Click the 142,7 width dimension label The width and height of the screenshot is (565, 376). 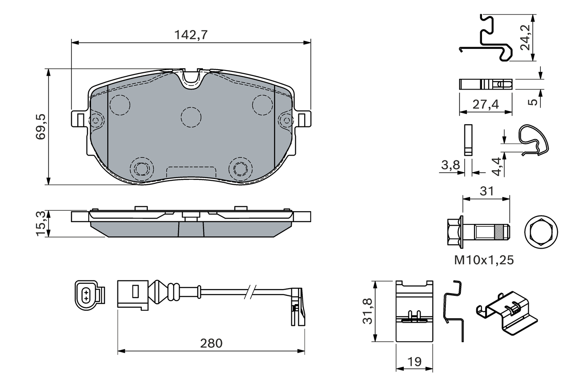coord(191,35)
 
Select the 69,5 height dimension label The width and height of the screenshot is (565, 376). coord(41,127)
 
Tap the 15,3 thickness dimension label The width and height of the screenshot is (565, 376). coord(41,224)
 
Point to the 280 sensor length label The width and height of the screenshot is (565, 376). coord(211,342)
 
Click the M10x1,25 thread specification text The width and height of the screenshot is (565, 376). coord(484,260)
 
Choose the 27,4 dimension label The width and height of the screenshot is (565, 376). coord(485,104)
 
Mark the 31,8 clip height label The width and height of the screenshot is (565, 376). coord(367,311)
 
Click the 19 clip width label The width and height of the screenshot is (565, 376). coord(414,361)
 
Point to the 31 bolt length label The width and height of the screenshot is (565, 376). coord(486,191)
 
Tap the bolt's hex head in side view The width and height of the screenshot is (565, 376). coord(454,231)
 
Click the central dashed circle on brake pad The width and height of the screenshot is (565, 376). coord(191,117)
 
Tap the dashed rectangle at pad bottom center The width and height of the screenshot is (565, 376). coord(191,172)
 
